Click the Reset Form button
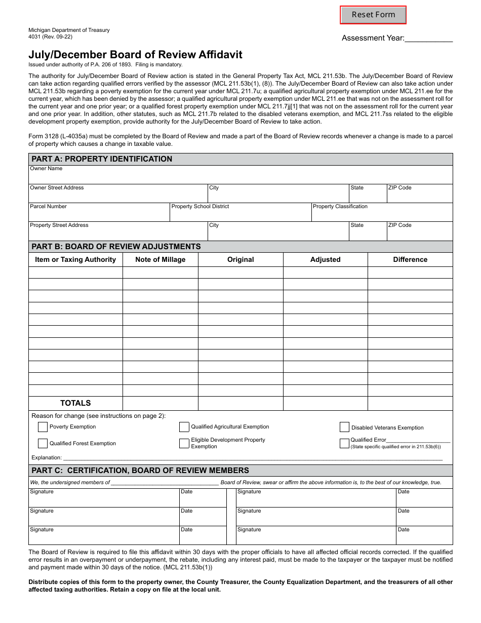[x=373, y=15]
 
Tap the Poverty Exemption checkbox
[x=43, y=427]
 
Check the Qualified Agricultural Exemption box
[x=184, y=427]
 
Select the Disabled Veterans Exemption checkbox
[x=344, y=427]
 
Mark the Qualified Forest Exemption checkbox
[x=43, y=443]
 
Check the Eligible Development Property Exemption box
[x=184, y=443]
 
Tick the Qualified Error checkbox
[x=344, y=443]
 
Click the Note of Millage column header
[x=161, y=260]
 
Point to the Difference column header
[x=410, y=260]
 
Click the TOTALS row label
[x=75, y=403]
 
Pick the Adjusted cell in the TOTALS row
[x=325, y=403]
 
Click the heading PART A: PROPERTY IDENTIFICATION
[x=102, y=159]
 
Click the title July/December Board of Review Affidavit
[x=135, y=55]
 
